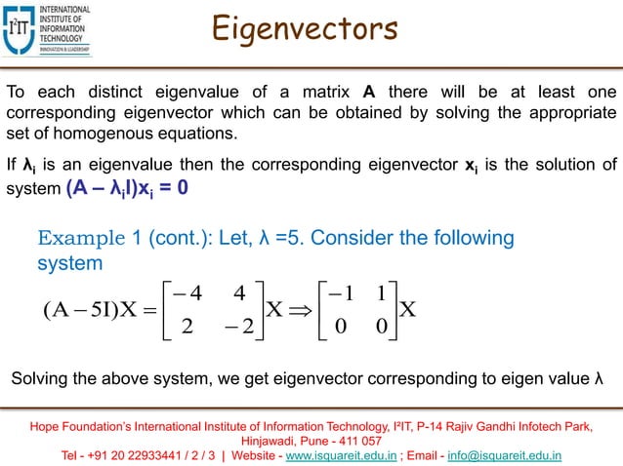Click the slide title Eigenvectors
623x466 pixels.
(307, 28)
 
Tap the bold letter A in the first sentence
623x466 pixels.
(369, 93)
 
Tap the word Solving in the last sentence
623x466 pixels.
(38, 378)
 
